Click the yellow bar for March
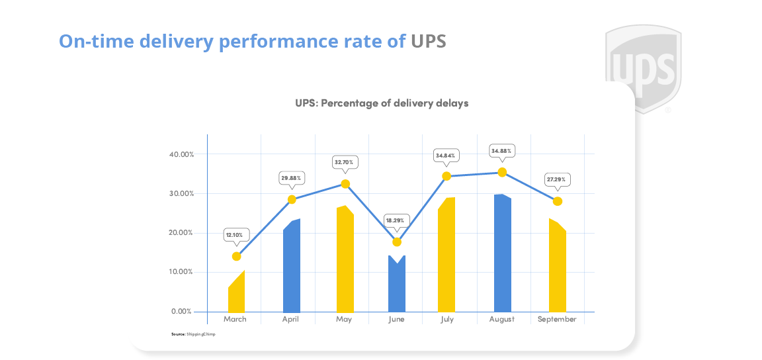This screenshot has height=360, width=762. [x=237, y=294]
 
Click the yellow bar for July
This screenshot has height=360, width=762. [x=446, y=255]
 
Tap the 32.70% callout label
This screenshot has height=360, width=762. [x=345, y=161]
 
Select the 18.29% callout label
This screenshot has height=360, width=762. [x=397, y=220]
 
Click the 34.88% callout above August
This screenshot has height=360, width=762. [x=501, y=151]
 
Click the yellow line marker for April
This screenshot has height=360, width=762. [x=292, y=199]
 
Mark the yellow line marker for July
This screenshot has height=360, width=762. [x=446, y=176]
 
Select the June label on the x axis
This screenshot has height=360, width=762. [x=397, y=319]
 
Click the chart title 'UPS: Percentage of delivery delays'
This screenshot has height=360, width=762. [x=382, y=103]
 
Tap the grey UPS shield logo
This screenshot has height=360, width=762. [x=643, y=66]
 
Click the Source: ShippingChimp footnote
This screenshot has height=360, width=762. [x=193, y=334]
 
